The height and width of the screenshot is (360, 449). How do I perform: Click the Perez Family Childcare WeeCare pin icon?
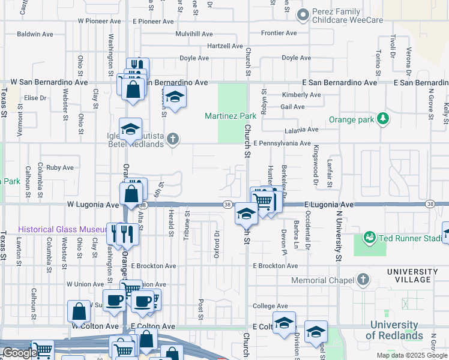303,14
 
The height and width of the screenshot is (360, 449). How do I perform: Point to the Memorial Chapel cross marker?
363,280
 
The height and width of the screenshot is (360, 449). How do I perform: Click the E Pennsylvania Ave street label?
282,143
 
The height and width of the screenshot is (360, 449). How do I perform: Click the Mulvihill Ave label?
194,34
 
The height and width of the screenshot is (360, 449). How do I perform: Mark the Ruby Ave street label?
59,168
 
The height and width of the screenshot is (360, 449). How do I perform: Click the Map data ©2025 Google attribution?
411,355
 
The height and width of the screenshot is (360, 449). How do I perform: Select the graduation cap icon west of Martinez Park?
174,97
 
